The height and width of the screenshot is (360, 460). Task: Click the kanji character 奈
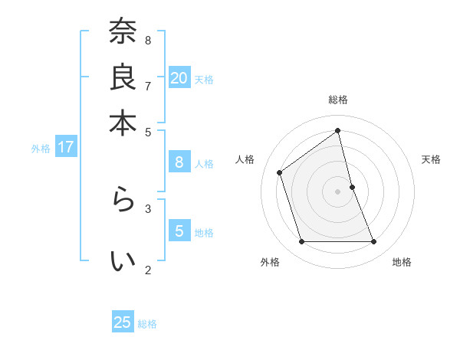(x=123, y=33)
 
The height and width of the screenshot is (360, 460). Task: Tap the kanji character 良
(x=123, y=78)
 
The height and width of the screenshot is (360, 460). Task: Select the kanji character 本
(x=123, y=123)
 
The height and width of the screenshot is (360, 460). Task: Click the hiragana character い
(x=123, y=261)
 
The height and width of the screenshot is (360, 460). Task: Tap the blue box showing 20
(x=179, y=77)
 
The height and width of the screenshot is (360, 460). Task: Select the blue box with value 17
(x=65, y=147)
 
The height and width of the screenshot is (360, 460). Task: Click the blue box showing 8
(x=179, y=162)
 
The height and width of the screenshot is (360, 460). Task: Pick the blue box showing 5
(x=179, y=231)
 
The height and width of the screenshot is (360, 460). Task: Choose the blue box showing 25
(x=123, y=322)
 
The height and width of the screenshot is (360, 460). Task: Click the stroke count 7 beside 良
(x=148, y=86)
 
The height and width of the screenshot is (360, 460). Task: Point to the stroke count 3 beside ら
(x=148, y=208)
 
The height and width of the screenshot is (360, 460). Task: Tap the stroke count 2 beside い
(x=148, y=269)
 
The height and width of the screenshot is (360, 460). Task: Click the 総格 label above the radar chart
(x=338, y=100)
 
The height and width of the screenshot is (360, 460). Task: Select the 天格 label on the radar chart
(x=432, y=159)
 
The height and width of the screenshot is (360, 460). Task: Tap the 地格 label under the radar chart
(x=402, y=262)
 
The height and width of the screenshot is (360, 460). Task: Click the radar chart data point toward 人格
(x=280, y=172)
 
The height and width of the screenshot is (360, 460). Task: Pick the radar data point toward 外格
(x=301, y=242)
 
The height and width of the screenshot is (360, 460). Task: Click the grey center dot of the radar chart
(x=338, y=191)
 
